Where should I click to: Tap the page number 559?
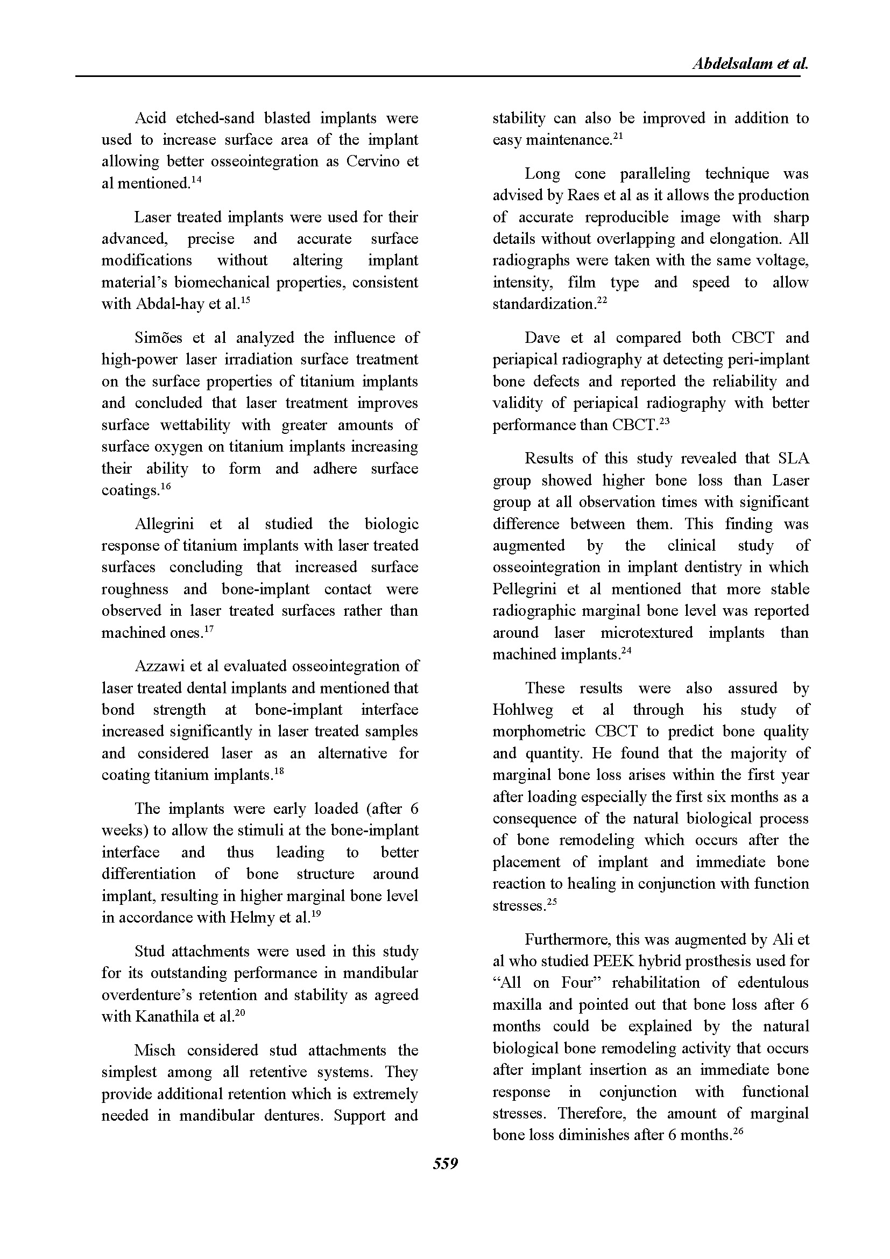pyautogui.click(x=445, y=1164)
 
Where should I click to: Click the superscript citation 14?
pyautogui.click(x=196, y=178)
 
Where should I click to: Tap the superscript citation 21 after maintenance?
pyautogui.click(x=618, y=135)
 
